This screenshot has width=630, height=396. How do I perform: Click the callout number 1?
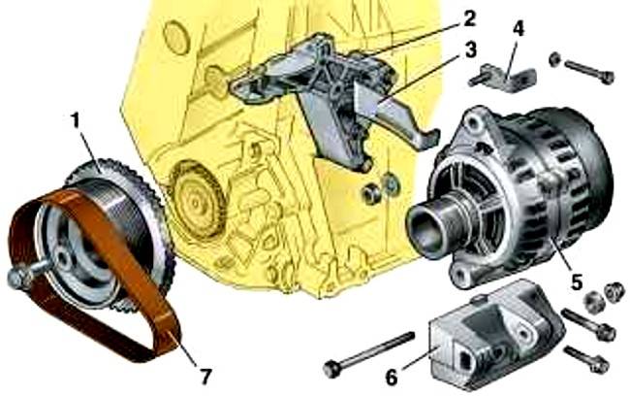[x=76, y=120]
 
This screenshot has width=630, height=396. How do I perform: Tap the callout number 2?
[x=469, y=18]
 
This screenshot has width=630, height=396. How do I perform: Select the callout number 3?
[x=470, y=49]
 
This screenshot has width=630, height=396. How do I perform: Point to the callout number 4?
[x=518, y=29]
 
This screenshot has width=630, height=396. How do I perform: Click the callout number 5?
[x=576, y=282]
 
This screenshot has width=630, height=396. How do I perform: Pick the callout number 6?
[x=392, y=378]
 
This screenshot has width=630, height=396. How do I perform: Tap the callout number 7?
[x=205, y=378]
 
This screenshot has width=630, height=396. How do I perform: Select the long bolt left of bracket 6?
[x=368, y=354]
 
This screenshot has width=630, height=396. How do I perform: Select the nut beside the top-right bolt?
[x=554, y=59]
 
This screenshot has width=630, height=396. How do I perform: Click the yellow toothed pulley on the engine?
[x=197, y=200]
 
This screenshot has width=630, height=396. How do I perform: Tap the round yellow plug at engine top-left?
[x=176, y=38]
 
